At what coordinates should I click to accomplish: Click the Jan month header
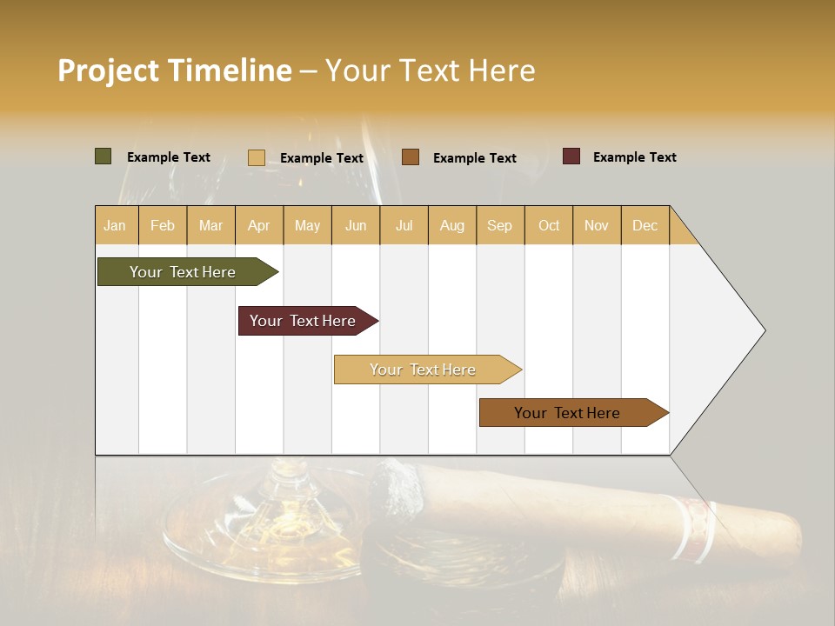tap(116, 225)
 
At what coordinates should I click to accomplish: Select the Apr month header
tap(259, 225)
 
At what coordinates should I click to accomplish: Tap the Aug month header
tap(452, 225)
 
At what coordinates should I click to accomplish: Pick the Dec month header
tap(645, 225)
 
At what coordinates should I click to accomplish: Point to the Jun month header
tap(356, 225)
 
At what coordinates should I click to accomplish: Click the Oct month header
tap(549, 225)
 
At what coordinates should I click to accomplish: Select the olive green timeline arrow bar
tap(184, 272)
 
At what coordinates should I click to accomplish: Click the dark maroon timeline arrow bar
tap(304, 321)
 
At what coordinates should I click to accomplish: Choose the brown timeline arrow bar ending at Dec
tap(568, 413)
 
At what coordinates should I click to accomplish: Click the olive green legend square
tap(104, 156)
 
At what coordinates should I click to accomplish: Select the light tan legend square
tap(257, 157)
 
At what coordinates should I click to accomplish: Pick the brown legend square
tap(411, 157)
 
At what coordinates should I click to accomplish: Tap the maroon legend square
tap(571, 156)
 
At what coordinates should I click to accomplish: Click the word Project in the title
tap(109, 70)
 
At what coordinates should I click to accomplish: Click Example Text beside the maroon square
tap(634, 157)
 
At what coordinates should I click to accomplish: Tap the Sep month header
tap(499, 225)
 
